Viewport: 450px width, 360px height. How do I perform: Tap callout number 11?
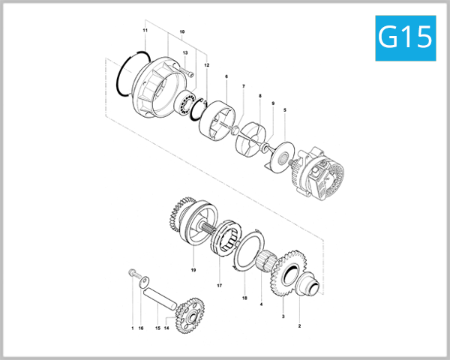[x=145, y=30]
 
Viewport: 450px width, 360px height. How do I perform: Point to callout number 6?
[x=226, y=76]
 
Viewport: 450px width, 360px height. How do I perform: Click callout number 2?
[x=299, y=326]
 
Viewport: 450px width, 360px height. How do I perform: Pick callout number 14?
[x=166, y=328]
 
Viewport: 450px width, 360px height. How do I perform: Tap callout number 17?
[x=220, y=286]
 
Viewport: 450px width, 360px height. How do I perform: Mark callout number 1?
[x=131, y=328]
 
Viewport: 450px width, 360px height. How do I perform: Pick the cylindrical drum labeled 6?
[x=216, y=115]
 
